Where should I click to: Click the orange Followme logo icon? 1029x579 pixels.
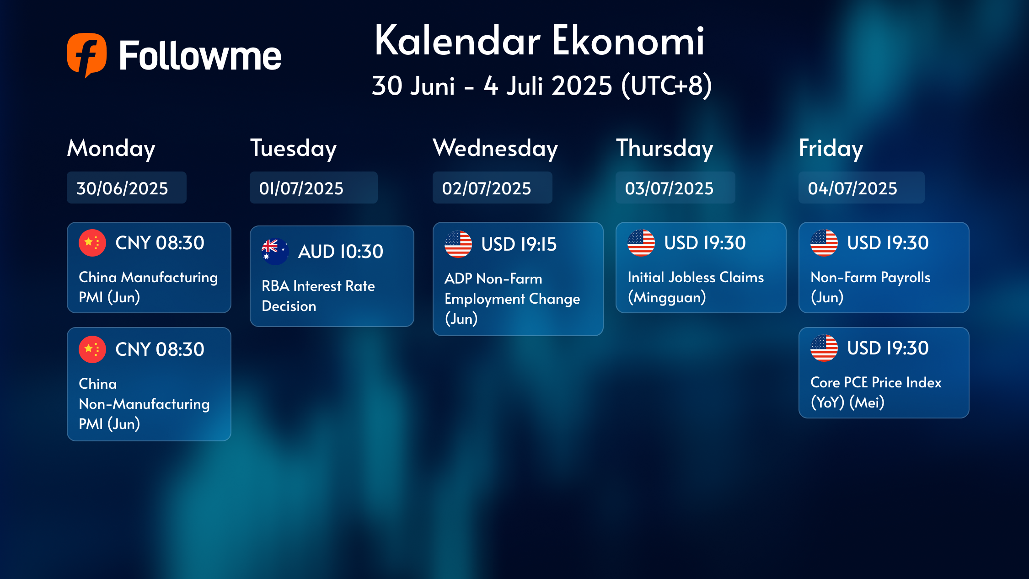pos(87,55)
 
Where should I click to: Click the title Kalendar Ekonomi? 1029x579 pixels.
pos(540,41)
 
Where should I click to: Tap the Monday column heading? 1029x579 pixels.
pos(111,149)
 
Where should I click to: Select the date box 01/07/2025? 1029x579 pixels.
pos(314,188)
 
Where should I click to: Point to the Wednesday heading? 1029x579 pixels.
pos(495,149)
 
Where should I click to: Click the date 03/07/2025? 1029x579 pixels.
pos(669,188)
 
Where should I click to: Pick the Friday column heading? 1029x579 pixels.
pos(831,149)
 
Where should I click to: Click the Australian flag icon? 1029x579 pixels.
pos(275,252)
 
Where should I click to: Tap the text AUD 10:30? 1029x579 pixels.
pos(341,252)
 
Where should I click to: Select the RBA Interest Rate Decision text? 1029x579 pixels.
pos(318,296)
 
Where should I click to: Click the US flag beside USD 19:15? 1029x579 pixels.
pos(458,244)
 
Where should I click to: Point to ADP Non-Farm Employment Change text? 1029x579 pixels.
pos(512,299)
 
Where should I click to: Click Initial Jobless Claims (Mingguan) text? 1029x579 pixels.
pos(696,287)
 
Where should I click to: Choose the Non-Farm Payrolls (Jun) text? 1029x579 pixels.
pos(870,287)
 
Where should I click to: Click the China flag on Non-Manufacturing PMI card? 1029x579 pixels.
pos(92,349)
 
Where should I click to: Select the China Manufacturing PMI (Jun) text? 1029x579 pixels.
pos(148,287)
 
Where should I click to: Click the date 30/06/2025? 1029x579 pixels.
pos(122,188)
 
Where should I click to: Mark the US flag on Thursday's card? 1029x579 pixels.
pos(641,243)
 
